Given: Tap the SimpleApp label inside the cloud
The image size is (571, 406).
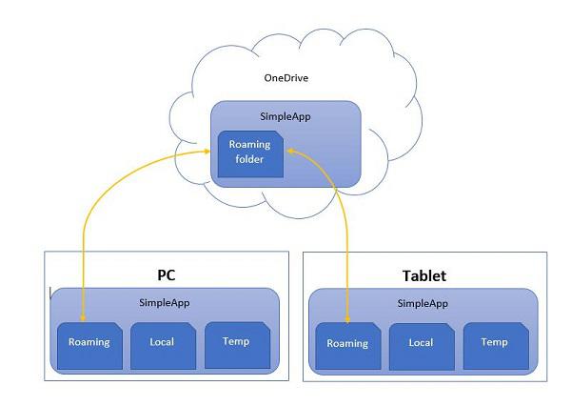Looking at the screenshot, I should tap(285, 116).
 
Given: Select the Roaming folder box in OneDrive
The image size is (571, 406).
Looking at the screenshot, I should tap(251, 152).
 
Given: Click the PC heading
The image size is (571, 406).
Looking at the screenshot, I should tap(167, 274).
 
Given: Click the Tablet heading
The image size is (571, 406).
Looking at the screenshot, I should tap(424, 276).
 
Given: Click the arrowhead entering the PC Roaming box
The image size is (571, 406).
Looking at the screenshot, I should tap(85, 319).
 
